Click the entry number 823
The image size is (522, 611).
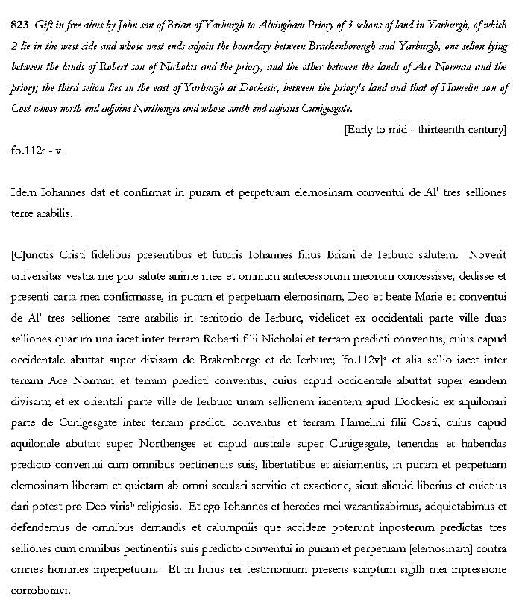[21, 25]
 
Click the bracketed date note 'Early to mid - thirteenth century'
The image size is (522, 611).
[424, 129]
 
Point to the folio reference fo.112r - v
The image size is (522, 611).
[37, 149]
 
